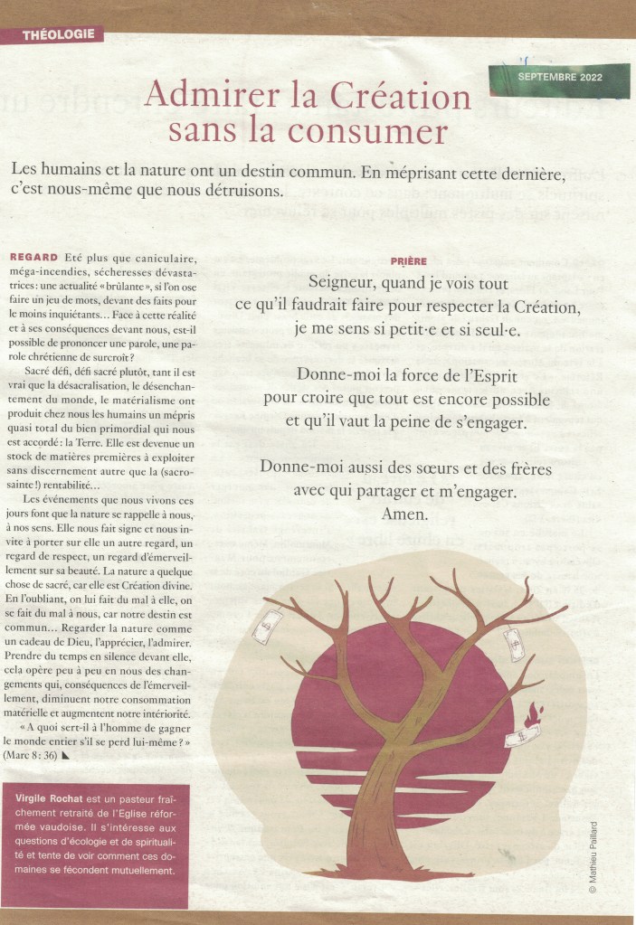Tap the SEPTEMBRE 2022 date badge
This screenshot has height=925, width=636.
(560, 78)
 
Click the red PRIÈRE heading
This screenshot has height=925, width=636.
(409, 260)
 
